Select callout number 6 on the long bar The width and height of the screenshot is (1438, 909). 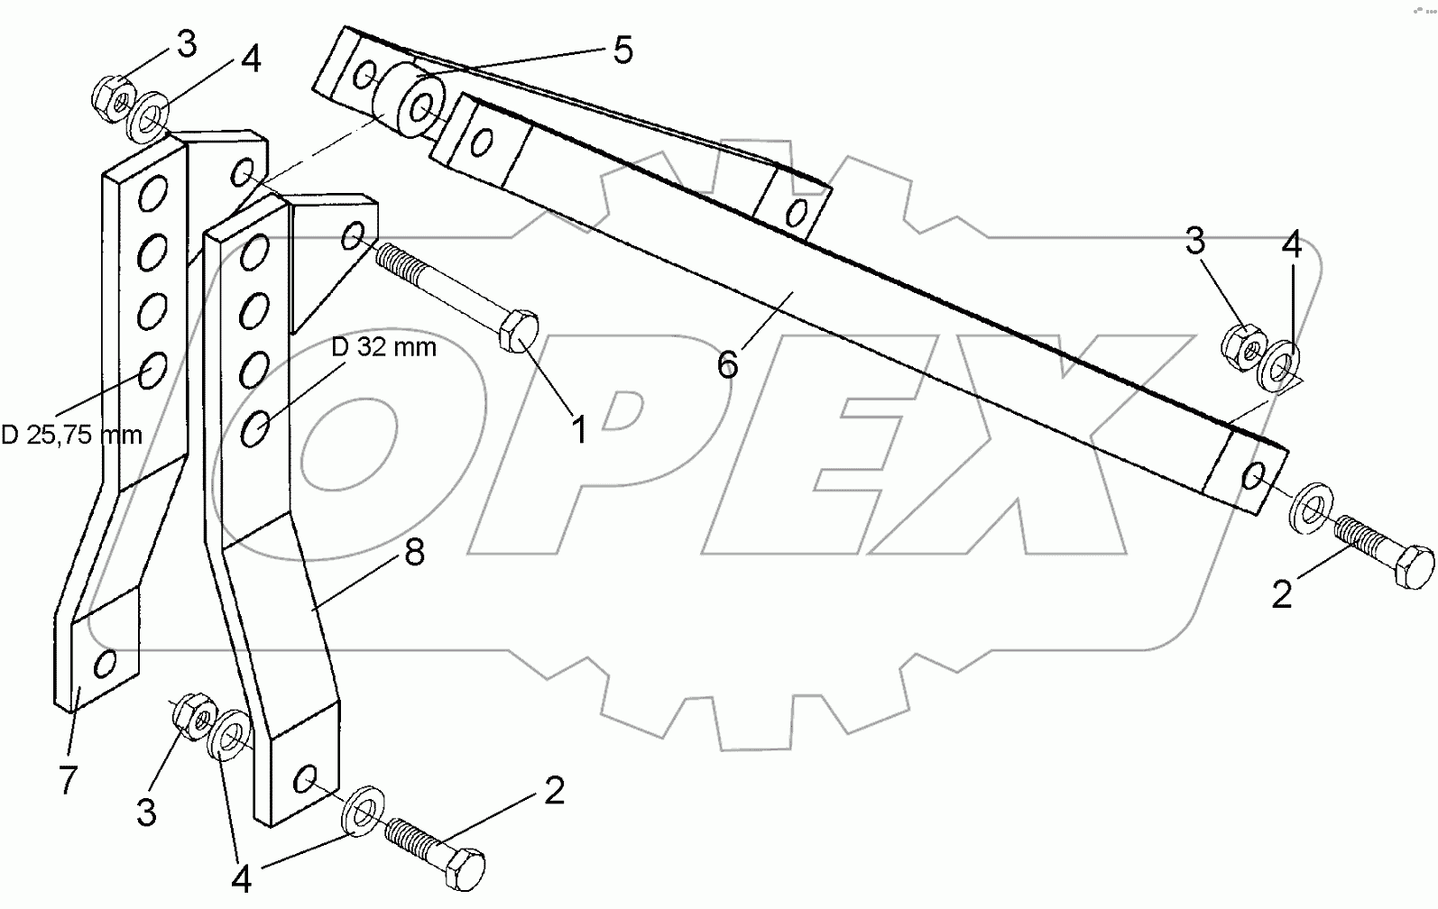(728, 364)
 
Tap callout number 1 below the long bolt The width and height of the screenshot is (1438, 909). (577, 430)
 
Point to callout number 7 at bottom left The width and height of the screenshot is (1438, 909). (69, 779)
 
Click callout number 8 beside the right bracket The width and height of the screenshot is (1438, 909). (414, 552)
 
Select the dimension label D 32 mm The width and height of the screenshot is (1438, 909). (383, 346)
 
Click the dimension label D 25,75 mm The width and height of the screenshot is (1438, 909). (72, 436)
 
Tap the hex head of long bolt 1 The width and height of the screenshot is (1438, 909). (518, 333)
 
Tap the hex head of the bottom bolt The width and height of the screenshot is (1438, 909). (464, 867)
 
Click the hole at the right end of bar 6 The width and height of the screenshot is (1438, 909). (1254, 475)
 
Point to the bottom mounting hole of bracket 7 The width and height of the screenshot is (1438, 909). (106, 664)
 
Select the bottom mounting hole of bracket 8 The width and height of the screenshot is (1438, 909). (307, 776)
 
